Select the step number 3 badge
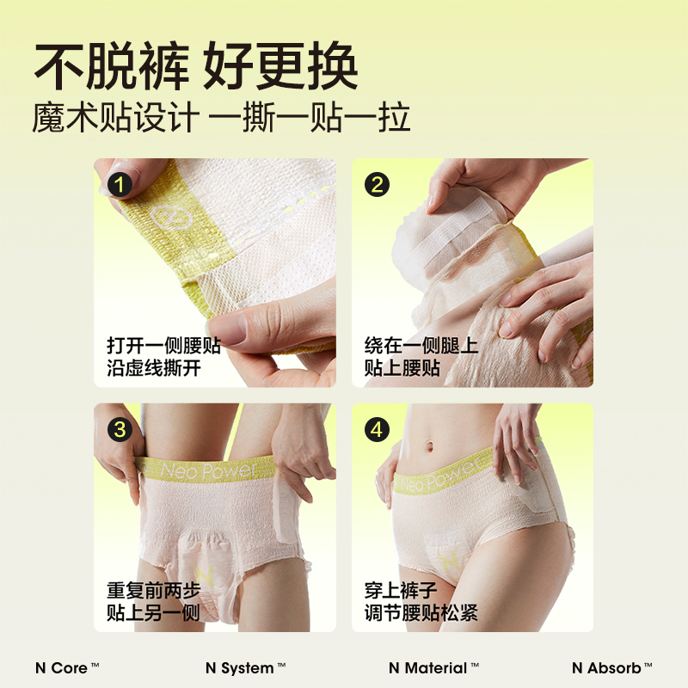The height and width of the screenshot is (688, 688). pos(121,429)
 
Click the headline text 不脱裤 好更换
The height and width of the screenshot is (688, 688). pos(195,66)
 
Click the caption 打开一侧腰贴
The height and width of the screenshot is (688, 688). pos(163,346)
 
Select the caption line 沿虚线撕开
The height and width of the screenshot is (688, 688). pos(154,371)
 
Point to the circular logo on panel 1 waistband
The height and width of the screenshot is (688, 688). pos(169,217)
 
